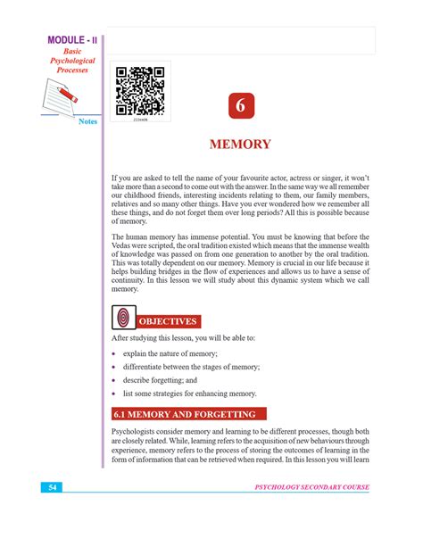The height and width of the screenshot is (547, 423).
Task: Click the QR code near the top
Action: click(x=140, y=90)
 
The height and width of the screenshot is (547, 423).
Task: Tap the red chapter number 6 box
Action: click(x=239, y=106)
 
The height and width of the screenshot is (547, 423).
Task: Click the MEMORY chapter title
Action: click(x=239, y=145)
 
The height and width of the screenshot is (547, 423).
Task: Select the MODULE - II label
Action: click(x=65, y=42)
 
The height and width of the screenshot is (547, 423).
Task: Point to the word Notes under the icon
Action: click(x=87, y=121)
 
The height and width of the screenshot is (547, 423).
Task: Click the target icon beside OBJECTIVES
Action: click(x=123, y=319)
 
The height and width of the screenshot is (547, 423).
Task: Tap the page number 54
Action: click(x=54, y=487)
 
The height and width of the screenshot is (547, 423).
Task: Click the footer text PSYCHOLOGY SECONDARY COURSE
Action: click(x=311, y=487)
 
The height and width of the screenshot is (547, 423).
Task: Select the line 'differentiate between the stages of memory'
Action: click(x=191, y=367)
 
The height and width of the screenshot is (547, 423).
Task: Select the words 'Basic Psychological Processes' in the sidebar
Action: click(x=65, y=61)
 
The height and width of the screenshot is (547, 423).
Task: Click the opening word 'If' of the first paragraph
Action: click(x=114, y=179)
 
